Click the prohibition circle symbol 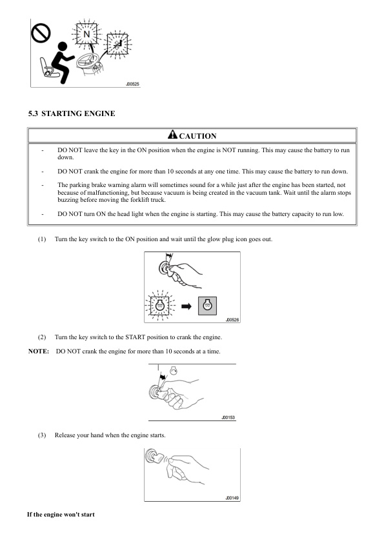[41, 34]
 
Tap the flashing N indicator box [86, 34]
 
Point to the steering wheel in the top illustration [86, 60]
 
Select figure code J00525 [132, 84]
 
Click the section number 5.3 [33, 114]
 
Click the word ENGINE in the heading [100, 114]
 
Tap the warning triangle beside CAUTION [172, 134]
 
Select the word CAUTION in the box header [197, 136]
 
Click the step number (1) [41, 239]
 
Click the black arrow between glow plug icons [187, 306]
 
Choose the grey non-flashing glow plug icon [207, 306]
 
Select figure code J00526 [232, 320]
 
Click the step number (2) [41, 337]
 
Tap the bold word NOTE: [39, 351]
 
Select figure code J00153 [228, 418]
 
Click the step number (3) [41, 435]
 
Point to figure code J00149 [232, 498]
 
